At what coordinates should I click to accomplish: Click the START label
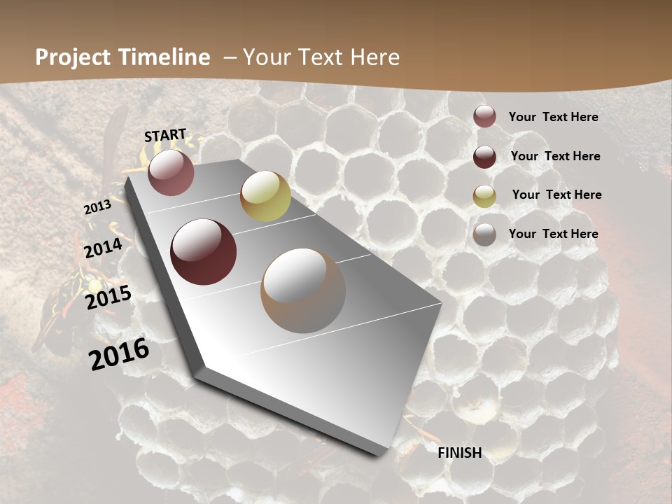click(x=165, y=134)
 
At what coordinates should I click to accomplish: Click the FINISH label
click(x=459, y=453)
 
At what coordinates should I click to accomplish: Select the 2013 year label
click(x=97, y=207)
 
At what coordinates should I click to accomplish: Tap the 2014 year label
click(x=103, y=248)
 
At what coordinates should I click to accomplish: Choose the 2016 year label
click(x=119, y=353)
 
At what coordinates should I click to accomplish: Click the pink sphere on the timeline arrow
click(x=171, y=172)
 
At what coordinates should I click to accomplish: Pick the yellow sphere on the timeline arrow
click(x=265, y=196)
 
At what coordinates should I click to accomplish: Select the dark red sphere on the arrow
click(x=203, y=252)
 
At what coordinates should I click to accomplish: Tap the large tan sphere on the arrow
click(x=303, y=290)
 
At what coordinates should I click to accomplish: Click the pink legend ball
click(x=484, y=117)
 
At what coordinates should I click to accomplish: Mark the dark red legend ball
click(x=484, y=157)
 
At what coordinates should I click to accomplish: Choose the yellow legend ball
click(x=484, y=196)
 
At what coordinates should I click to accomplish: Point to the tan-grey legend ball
click(x=484, y=234)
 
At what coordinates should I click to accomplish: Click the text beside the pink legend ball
click(x=553, y=117)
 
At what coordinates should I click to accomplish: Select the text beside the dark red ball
click(x=555, y=156)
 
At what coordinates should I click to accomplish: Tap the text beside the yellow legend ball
click(x=556, y=195)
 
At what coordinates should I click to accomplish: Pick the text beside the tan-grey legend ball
click(x=553, y=234)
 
